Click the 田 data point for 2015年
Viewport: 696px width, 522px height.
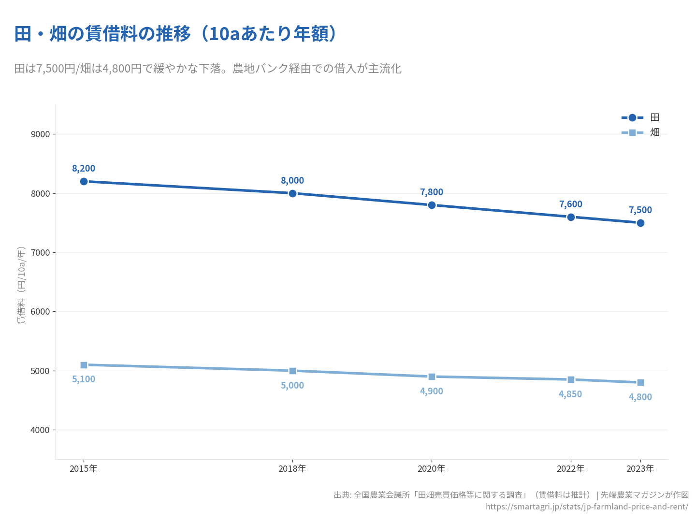point(84,181)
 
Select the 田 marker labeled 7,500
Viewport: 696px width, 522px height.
point(640,223)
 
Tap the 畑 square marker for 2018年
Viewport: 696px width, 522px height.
point(292,371)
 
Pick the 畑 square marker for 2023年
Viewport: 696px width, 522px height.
point(640,382)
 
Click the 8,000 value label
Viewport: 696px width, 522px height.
point(292,180)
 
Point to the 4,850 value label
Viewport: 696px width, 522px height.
point(570,394)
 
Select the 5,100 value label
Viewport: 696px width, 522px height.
point(84,379)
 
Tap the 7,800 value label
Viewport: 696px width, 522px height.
point(432,192)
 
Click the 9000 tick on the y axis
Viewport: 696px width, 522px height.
point(40,134)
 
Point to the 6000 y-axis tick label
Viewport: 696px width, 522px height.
point(40,312)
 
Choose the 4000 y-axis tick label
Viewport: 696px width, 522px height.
point(40,430)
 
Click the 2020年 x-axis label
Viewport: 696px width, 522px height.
point(432,468)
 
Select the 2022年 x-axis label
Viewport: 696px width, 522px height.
point(571,468)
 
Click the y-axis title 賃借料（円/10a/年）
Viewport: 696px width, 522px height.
point(21,285)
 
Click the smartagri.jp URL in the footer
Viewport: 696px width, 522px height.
point(587,507)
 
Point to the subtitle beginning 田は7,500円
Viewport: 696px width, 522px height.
point(208,69)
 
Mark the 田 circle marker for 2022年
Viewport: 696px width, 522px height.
point(571,217)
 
